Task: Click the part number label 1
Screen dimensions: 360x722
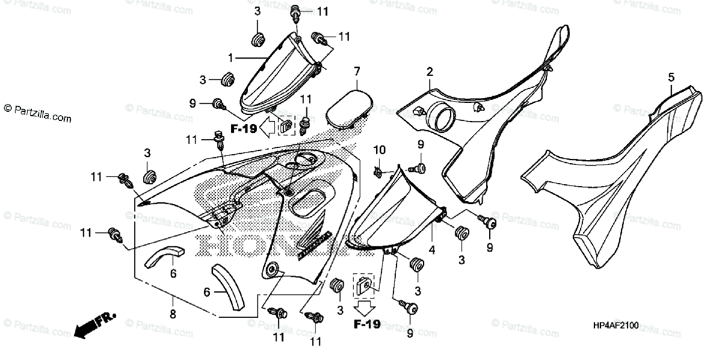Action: [230, 58]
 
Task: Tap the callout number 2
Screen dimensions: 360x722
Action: [430, 72]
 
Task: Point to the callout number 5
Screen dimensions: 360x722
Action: [671, 77]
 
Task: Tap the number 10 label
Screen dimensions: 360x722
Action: [379, 149]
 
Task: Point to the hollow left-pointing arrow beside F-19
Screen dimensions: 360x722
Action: [270, 128]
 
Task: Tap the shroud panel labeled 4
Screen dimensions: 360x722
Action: [394, 211]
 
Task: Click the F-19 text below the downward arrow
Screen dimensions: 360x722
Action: [366, 325]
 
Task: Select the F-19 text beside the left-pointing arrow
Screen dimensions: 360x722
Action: [244, 128]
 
